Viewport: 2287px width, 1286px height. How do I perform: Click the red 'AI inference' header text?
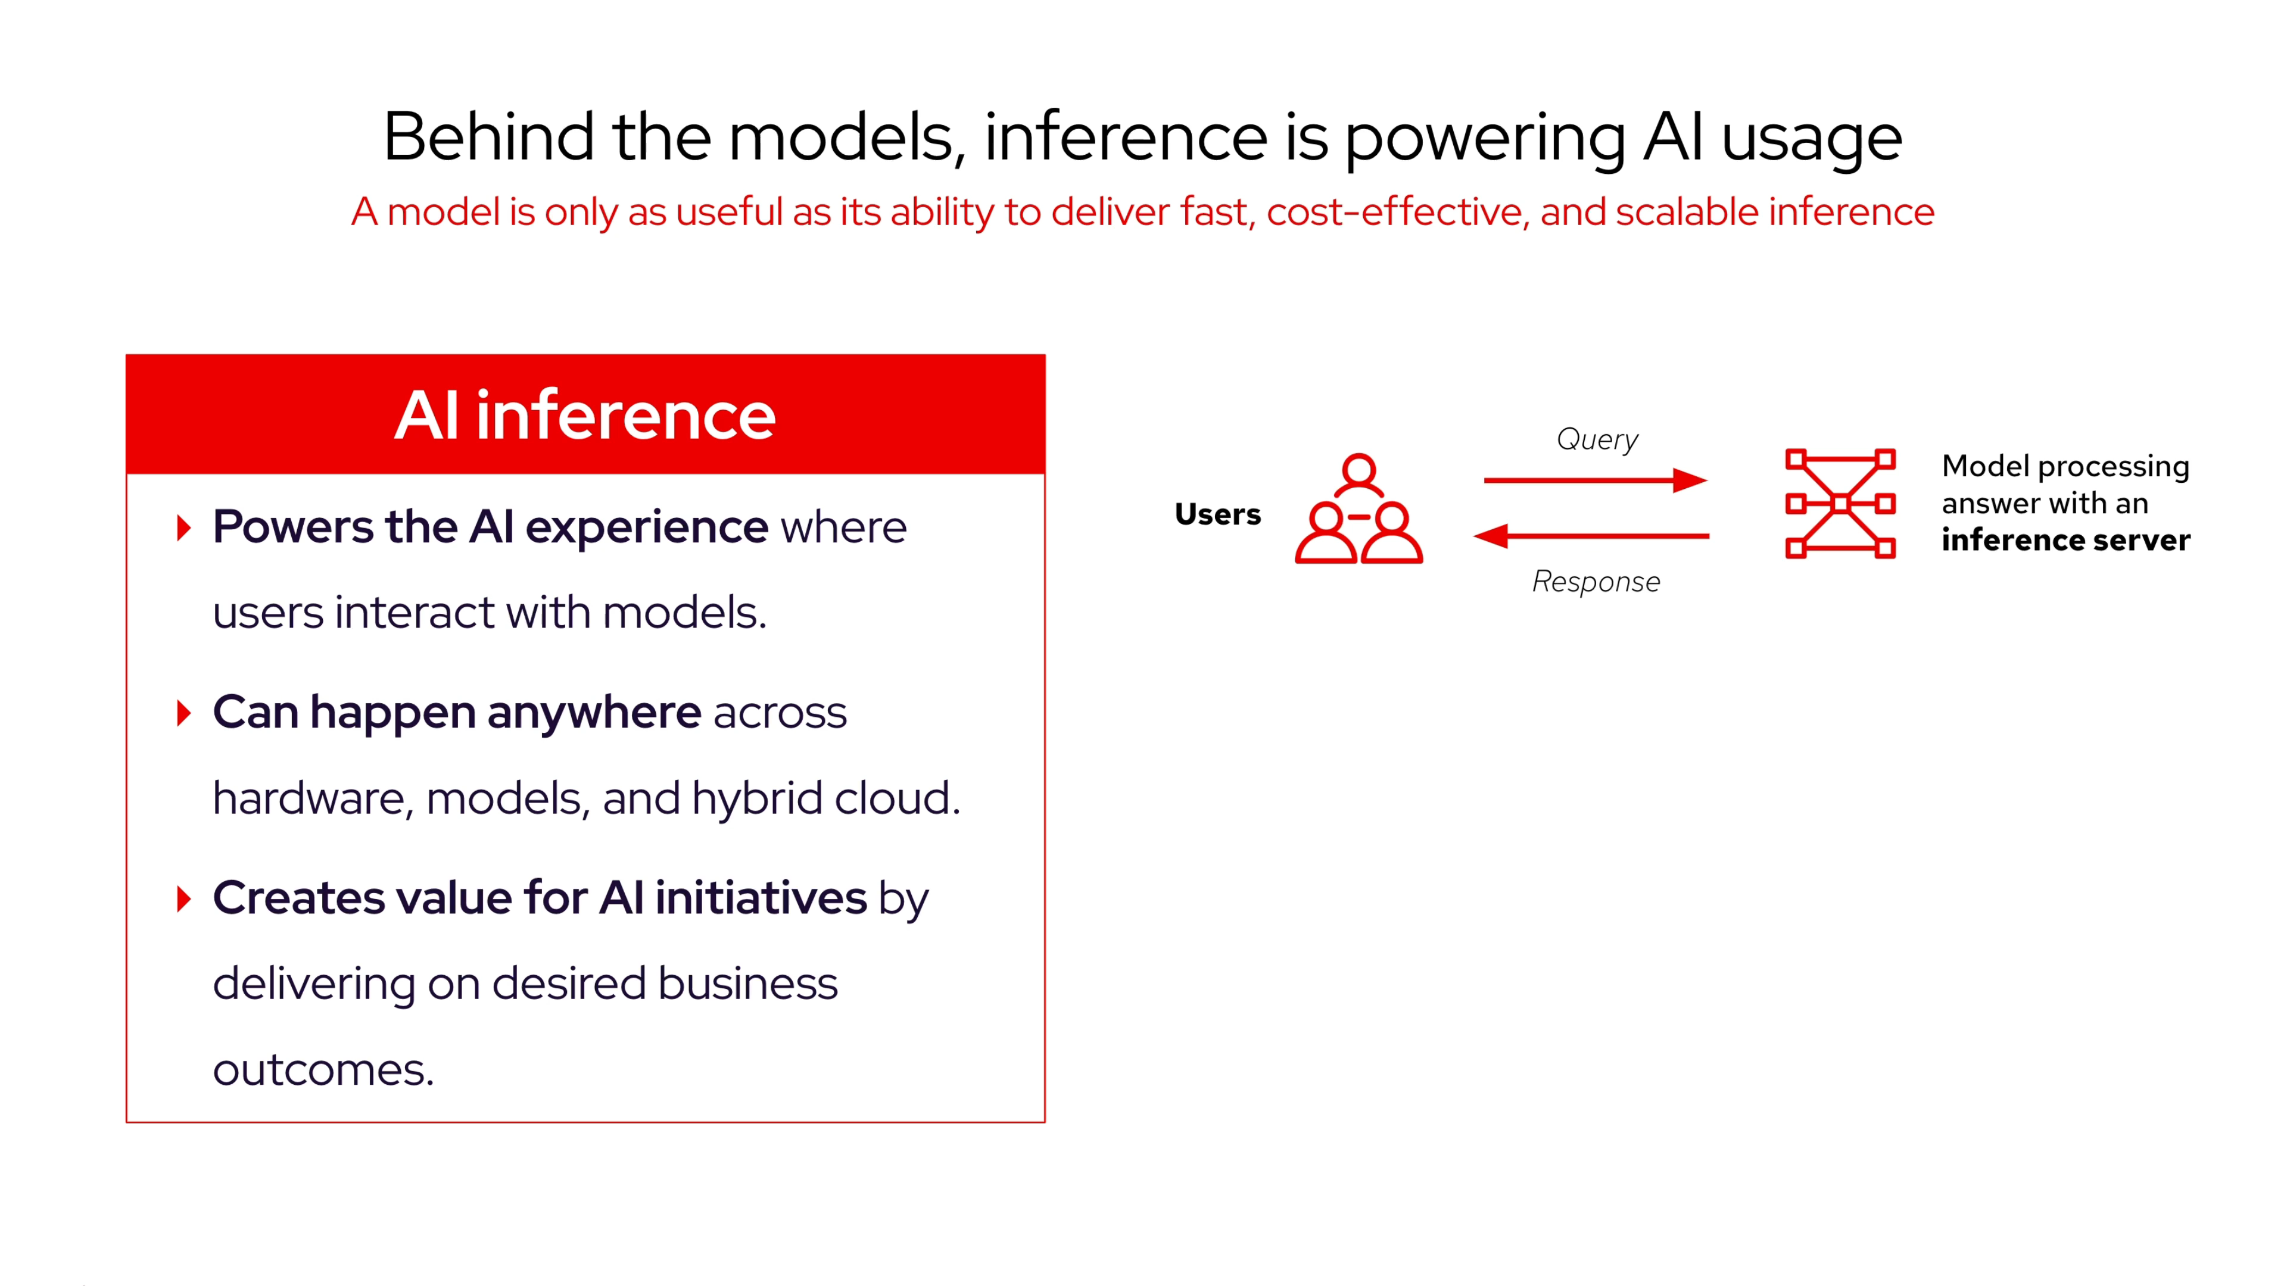(x=584, y=416)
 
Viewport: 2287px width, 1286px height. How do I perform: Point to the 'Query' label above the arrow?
(x=1596, y=439)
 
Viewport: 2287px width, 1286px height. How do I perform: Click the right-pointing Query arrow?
(x=1594, y=480)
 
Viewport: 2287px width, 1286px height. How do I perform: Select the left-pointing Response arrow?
(x=1591, y=536)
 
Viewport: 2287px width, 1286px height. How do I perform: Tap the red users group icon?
(x=1359, y=510)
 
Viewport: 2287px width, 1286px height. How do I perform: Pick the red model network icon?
(x=1840, y=503)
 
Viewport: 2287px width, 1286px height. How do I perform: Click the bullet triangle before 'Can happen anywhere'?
(x=184, y=713)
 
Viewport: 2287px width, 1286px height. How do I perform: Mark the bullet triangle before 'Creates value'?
(x=184, y=898)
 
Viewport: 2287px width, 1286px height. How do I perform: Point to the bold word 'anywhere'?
(x=594, y=713)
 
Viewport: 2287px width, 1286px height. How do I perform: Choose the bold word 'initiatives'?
(x=760, y=898)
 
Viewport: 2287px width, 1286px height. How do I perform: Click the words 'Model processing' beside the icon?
(x=2065, y=466)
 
